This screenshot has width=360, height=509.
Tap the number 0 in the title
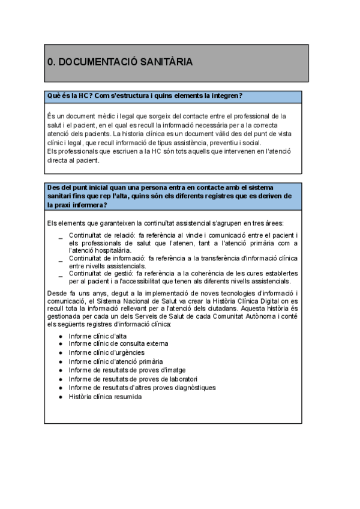click(50, 62)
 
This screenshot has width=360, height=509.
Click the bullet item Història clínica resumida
click(105, 396)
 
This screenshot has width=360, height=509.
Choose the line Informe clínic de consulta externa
click(118, 344)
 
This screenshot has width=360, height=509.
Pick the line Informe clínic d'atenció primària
click(115, 361)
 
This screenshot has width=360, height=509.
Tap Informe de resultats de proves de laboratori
click(133, 379)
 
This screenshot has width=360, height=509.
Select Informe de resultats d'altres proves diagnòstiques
click(142, 388)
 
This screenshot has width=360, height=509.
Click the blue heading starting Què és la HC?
click(145, 96)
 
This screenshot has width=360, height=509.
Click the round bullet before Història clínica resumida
click(61, 396)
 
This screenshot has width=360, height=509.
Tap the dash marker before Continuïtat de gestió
click(61, 275)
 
